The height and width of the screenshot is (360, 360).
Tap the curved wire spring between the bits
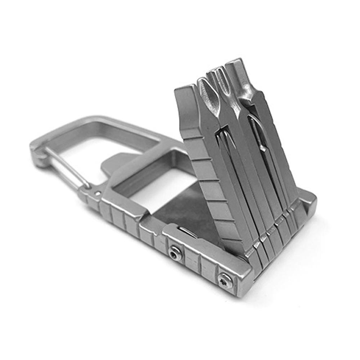[255, 130]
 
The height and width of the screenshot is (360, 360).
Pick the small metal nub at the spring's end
[263, 148]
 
